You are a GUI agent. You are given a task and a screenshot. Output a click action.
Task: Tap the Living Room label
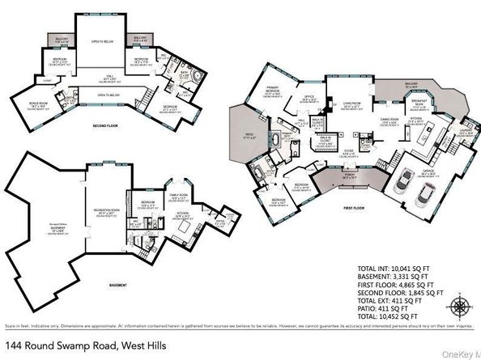(x=350, y=104)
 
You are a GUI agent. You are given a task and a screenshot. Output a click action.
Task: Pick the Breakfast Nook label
(x=419, y=103)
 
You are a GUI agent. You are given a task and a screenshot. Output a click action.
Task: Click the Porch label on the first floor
(x=350, y=177)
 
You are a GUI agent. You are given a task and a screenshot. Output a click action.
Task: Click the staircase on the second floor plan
(x=146, y=96)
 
